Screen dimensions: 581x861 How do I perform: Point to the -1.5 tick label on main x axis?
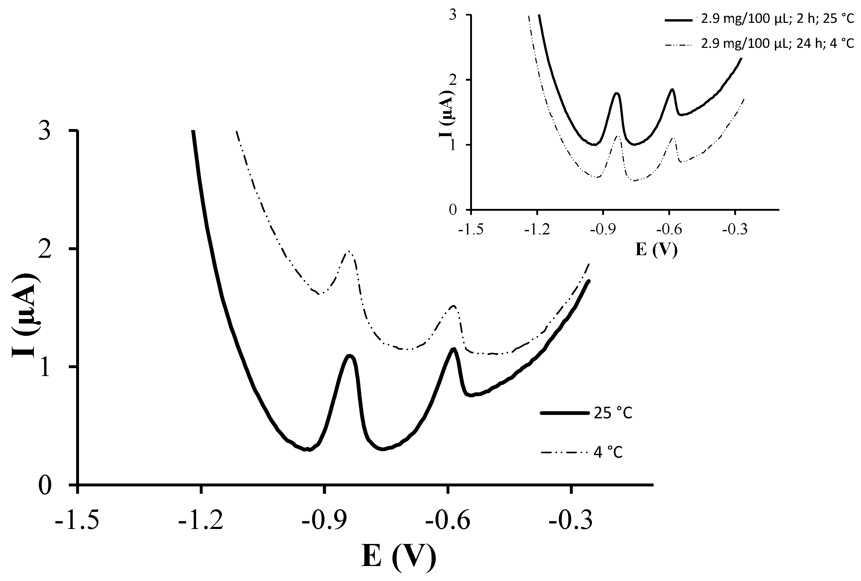coord(77,521)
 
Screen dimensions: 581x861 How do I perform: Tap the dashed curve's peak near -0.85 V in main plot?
coord(349,252)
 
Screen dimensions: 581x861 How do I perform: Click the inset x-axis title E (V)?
coord(656,249)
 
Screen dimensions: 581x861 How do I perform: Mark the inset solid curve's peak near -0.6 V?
coord(671,89)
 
